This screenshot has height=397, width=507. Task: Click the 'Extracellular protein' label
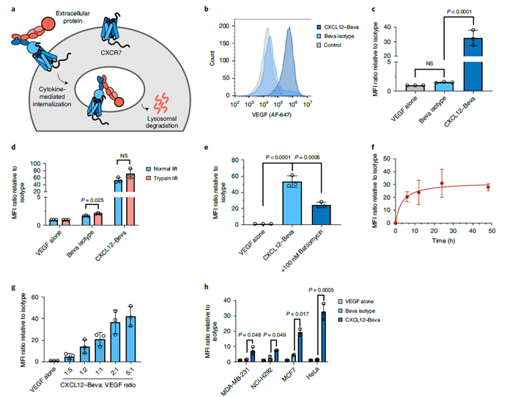tap(74, 12)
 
